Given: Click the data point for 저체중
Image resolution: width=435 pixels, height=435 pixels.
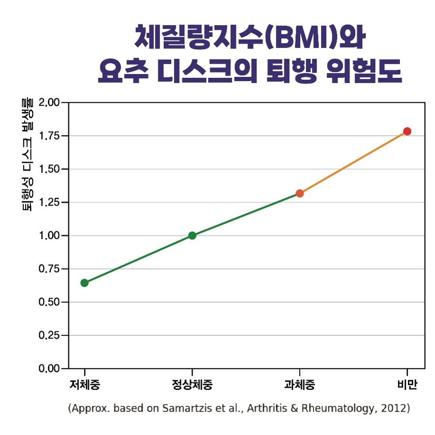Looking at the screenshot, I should (x=85, y=283).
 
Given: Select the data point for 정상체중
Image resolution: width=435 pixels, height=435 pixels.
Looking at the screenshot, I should (x=192, y=236).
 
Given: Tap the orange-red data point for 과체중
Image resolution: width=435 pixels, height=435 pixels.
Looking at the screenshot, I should (x=300, y=193).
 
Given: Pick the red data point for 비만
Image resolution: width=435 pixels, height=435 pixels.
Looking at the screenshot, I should (x=407, y=132).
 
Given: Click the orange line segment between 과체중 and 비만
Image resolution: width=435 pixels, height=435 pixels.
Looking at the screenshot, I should (x=353, y=162).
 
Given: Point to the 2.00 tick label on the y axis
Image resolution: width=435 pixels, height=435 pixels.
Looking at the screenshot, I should (x=50, y=103).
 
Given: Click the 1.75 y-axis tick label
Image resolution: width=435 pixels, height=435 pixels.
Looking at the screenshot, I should (x=50, y=136).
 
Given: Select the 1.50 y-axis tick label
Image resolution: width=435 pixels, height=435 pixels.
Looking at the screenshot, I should (x=50, y=169).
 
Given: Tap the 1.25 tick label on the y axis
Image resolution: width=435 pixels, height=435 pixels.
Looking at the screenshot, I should (x=50, y=202).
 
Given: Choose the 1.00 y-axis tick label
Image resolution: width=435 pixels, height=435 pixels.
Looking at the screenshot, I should (x=50, y=236).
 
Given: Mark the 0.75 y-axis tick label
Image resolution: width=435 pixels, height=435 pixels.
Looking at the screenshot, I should (x=50, y=269).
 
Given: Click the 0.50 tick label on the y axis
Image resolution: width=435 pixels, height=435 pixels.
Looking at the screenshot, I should (x=50, y=302).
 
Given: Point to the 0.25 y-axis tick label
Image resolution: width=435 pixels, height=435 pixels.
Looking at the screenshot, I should (x=50, y=335).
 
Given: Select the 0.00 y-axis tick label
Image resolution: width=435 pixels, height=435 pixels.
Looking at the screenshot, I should (x=50, y=369).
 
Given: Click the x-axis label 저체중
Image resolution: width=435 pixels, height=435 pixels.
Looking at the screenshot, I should (x=85, y=385).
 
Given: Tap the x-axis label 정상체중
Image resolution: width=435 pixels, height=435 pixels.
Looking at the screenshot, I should (x=192, y=385).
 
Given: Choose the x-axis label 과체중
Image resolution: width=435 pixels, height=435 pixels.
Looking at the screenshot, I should (x=300, y=385).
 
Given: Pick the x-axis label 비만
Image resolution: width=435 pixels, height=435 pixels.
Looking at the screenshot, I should (x=407, y=385).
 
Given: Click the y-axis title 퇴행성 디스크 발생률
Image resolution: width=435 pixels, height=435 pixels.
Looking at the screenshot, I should (x=28, y=154).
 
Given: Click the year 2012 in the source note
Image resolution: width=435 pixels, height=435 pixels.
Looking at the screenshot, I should (x=395, y=408).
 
